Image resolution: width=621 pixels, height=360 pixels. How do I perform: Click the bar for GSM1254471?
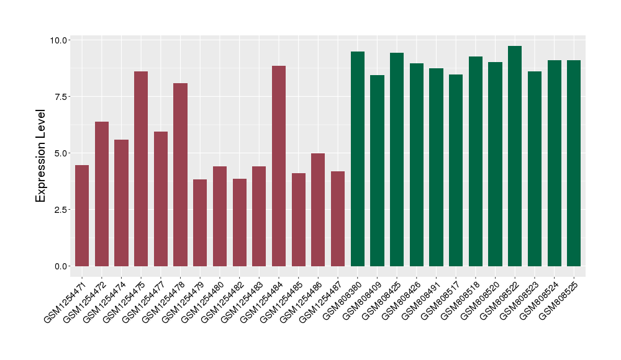coord(82,215)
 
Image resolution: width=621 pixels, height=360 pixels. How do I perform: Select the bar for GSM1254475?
coord(141,169)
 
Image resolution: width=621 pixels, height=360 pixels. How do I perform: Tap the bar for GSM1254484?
coord(279,166)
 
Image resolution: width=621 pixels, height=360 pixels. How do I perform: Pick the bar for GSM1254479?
coord(200,223)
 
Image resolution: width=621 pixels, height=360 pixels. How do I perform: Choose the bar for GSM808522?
coord(515,156)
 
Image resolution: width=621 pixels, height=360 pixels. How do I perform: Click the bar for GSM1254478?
coord(180,174)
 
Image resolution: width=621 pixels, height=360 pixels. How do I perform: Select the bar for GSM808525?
coord(574,163)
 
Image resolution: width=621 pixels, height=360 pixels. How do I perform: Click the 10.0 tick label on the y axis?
coord(60,40)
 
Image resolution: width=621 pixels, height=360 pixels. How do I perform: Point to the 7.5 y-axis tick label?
coord(62,97)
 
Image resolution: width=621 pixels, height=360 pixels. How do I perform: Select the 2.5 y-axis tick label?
coord(62,210)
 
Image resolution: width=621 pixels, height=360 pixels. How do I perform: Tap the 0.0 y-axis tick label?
coord(62,266)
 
